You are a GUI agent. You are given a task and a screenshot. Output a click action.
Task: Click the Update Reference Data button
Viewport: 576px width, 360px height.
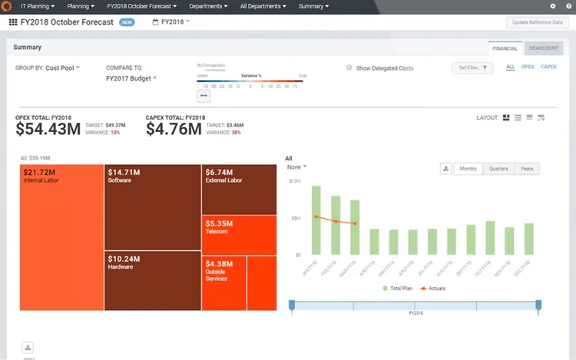point(538,22)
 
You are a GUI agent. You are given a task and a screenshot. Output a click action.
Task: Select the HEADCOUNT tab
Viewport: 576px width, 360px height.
point(543,48)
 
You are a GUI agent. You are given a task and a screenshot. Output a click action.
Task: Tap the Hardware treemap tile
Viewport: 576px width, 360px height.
point(152,280)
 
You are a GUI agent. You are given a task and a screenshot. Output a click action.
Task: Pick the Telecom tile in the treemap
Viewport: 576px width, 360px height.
point(239,234)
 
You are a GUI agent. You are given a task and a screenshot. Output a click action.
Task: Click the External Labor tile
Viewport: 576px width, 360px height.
point(239,189)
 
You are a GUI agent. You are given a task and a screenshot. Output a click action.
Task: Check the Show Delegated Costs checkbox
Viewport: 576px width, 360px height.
point(349,68)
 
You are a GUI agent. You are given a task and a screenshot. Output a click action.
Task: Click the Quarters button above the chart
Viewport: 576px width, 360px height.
point(496,169)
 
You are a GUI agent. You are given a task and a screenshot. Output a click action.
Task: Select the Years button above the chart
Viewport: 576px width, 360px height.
point(526,169)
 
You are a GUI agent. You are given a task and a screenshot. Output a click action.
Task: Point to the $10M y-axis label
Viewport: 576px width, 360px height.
point(294,182)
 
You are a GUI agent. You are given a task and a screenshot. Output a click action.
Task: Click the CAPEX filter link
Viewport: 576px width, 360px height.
point(548,68)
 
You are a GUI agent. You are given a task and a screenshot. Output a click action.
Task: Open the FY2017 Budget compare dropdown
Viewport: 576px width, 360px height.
point(131,78)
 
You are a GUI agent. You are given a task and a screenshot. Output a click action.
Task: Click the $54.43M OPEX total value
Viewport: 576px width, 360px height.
point(48,129)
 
